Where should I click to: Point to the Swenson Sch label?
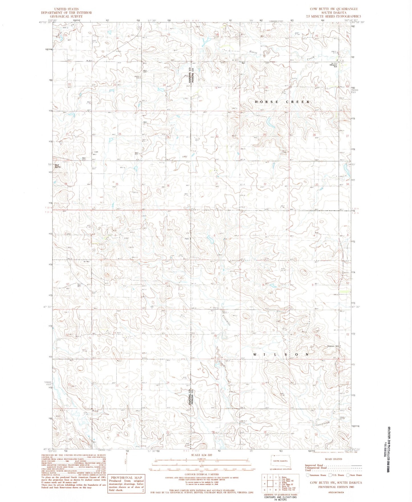pos(334,346)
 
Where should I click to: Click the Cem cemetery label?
pos(96,152)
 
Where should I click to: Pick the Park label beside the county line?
pos(187,239)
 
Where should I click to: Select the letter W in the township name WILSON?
pos(255,354)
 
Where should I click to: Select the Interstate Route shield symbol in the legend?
pos(307,475)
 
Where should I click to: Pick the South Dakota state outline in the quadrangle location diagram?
pos(280,461)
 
